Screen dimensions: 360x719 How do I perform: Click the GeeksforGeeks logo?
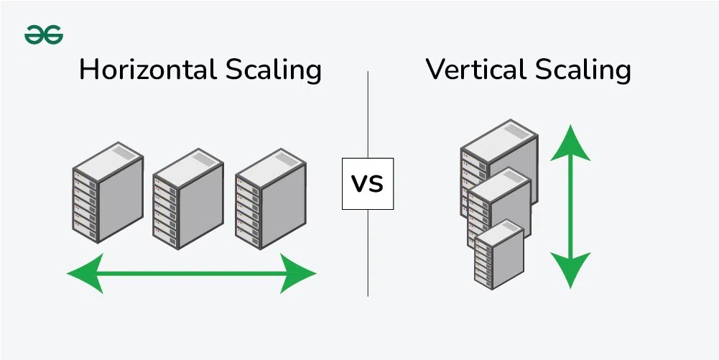pos(44,34)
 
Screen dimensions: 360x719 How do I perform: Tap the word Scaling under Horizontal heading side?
pos(274,71)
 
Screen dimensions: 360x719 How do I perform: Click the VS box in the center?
pos(368,183)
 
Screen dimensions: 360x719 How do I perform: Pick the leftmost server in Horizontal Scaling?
pos(108,192)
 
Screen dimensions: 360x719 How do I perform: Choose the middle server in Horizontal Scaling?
pos(189,200)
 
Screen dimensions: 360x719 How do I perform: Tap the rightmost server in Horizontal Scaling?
pos(271,200)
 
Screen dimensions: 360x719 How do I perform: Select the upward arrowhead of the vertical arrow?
pos(571,143)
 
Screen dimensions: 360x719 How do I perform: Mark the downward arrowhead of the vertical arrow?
pos(571,269)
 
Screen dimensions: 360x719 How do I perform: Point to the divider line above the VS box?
pos(368,115)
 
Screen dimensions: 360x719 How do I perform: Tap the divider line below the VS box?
pos(368,251)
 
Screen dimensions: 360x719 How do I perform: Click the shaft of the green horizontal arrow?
pos(191,273)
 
